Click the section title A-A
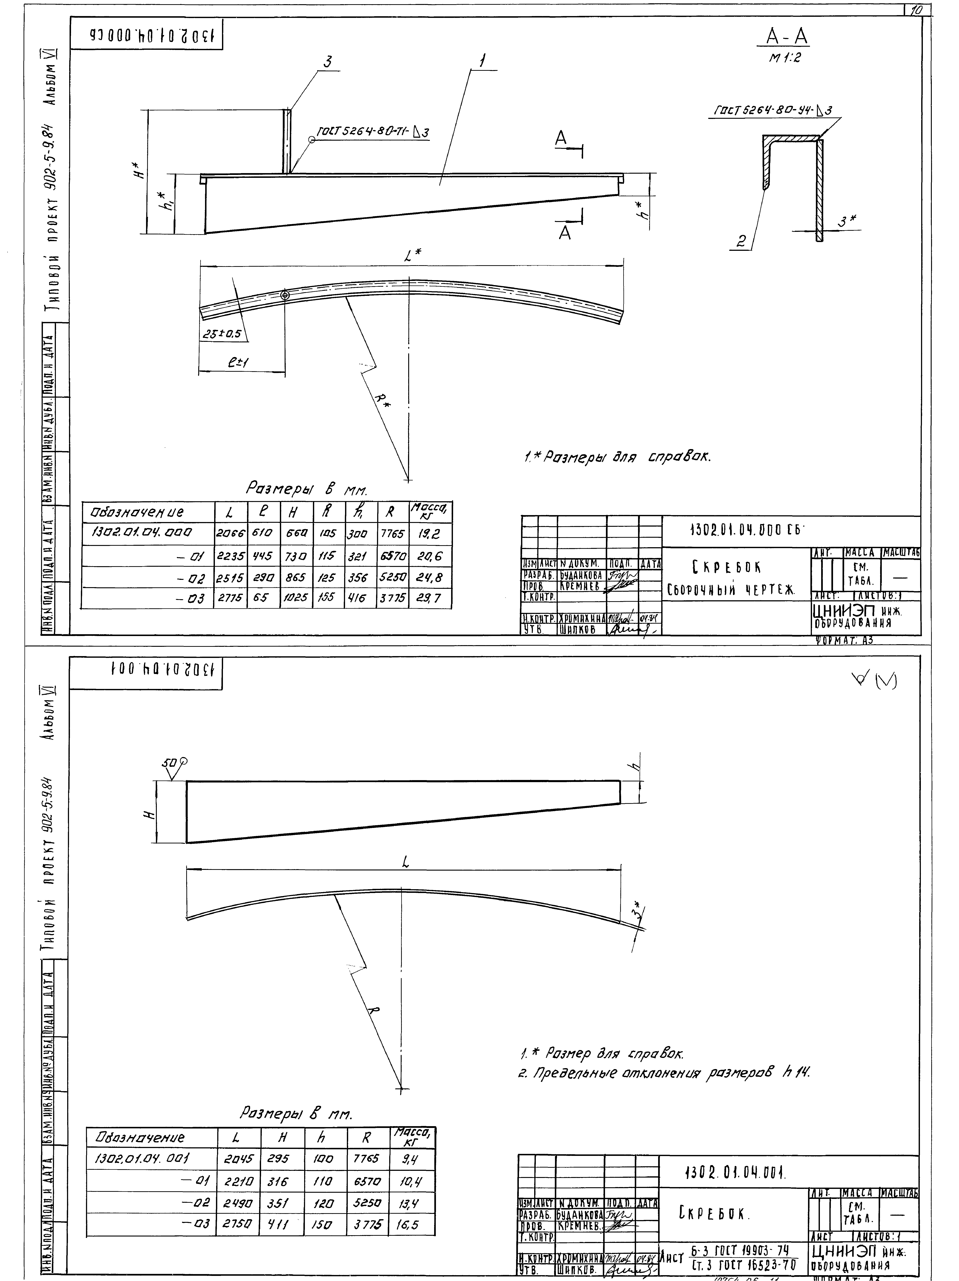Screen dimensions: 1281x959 pyautogui.click(x=787, y=37)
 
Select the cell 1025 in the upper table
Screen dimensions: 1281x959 pyautogui.click(x=296, y=598)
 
